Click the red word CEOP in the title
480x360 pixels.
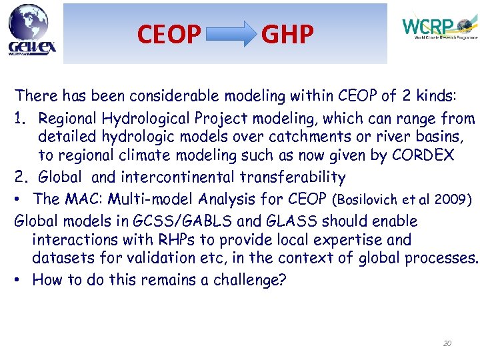tap(169, 33)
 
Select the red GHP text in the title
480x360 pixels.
tap(287, 33)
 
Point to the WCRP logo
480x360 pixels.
tap(437, 28)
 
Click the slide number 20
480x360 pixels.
tap(447, 343)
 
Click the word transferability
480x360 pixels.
tap(288, 177)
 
